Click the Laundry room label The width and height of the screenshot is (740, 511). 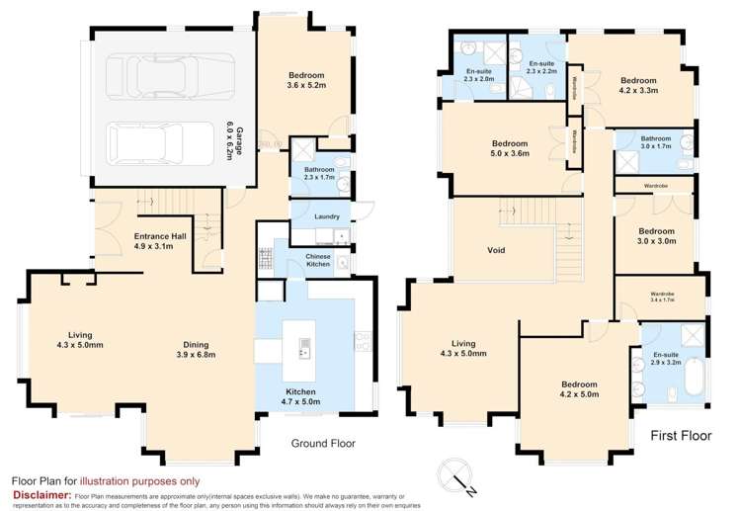coord(326,215)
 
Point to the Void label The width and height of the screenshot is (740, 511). coord(496,250)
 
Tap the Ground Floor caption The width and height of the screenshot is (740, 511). coord(322,444)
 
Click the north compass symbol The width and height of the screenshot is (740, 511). coord(458,478)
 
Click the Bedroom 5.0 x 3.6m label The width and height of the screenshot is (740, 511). coord(510,148)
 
